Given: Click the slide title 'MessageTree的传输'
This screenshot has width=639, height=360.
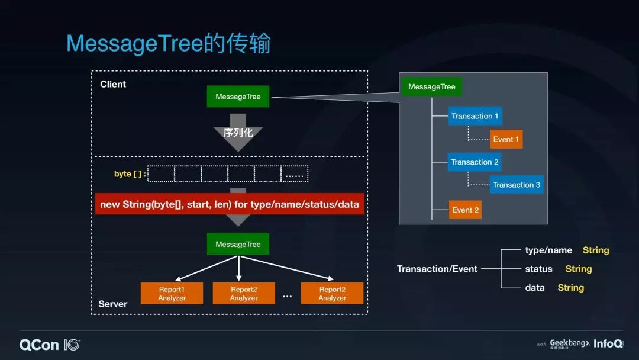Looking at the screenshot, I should coord(168,44).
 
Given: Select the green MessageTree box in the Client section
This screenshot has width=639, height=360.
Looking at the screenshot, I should coord(238,97).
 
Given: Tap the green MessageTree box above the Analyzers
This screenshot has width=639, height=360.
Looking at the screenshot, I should coord(238,244).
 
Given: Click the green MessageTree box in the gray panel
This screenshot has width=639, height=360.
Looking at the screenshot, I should coord(431,87).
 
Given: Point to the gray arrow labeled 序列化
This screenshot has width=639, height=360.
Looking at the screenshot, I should coord(238,133).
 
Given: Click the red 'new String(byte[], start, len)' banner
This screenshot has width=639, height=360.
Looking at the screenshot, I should coord(230,204).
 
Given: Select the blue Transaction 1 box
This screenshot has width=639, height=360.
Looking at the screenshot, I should coord(475,116).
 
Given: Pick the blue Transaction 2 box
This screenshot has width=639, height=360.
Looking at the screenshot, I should coord(475,162).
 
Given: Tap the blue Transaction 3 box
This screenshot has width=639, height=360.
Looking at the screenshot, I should coord(516,185).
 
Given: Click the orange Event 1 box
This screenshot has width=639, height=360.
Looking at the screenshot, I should coord(506,139).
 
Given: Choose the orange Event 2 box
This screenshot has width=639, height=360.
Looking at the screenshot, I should coord(465,210).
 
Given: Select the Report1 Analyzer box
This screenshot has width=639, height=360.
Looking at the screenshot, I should coord(172,294).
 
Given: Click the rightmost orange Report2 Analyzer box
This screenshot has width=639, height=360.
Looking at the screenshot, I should coord(332,294).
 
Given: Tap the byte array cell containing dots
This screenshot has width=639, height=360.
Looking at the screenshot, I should coord(294,174).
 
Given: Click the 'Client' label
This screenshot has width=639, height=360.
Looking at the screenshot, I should coord(113,84).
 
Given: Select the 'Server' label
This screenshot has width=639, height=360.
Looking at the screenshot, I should coord(113,304).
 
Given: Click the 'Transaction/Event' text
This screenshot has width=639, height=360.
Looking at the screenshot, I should coord(437,269).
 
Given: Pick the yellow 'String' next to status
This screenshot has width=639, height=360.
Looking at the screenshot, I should coord(578,269).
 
